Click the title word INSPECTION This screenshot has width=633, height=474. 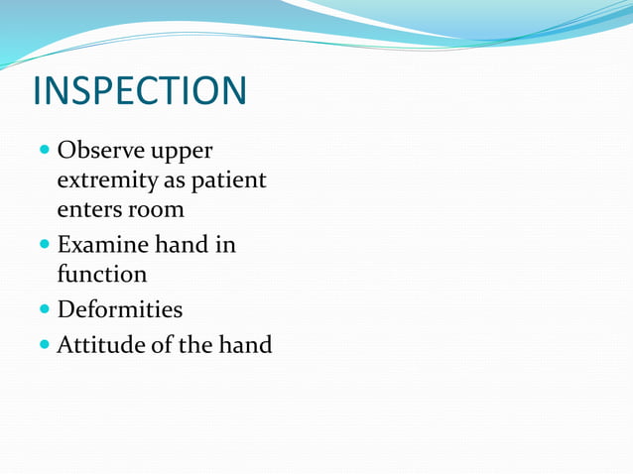point(139,90)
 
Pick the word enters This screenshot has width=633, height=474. point(89,210)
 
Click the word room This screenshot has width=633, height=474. point(157,210)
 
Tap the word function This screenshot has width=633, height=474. point(102,273)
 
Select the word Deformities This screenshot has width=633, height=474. point(119,309)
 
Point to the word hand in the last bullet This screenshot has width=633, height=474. point(245,345)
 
